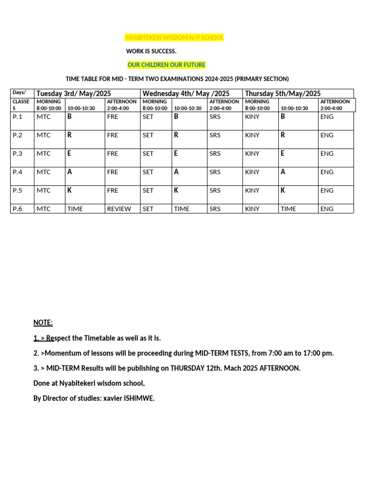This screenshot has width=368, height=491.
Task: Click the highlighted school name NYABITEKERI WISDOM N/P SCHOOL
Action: coord(174,37)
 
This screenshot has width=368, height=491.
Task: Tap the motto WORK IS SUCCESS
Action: coord(151,51)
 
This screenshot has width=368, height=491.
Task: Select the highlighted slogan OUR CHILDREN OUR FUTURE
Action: coord(166,65)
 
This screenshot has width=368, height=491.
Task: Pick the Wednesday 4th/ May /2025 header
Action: coord(186,94)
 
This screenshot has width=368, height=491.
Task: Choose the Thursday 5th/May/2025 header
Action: coord(283,94)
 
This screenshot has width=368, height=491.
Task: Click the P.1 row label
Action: coord(18,117)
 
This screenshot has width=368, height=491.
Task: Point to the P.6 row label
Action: coord(18,209)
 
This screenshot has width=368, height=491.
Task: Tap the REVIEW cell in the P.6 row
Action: coord(119,209)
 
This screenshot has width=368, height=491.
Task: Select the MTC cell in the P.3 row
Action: coord(44,153)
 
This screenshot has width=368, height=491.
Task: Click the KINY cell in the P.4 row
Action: coord(252,172)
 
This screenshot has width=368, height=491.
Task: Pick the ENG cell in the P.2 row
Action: coord(327,135)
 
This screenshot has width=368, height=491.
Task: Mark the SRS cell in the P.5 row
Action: coord(215,190)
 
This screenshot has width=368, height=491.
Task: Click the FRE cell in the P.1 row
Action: coord(113,117)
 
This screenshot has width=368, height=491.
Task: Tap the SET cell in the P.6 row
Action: coord(148,209)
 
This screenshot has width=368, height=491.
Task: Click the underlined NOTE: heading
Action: coord(43,323)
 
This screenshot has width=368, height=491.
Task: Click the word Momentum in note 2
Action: coord(61,353)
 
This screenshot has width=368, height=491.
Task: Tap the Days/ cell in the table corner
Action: coord(19,92)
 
